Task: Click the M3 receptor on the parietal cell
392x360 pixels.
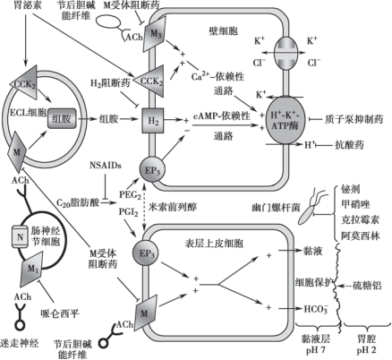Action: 155,33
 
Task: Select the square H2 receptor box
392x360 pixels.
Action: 153,120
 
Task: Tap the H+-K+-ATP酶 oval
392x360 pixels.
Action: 285,120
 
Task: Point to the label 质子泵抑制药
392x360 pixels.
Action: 354,119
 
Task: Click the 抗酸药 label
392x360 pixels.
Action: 349,145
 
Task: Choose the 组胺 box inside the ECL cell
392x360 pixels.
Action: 62,118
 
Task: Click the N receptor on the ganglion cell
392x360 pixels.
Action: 20,236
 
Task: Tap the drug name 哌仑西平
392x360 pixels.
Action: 60,313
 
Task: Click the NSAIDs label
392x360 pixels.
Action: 106,165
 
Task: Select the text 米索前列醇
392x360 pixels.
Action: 173,207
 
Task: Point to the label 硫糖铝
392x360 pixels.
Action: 367,286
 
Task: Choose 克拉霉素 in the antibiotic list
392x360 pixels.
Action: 361,220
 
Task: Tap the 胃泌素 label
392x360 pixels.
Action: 28,5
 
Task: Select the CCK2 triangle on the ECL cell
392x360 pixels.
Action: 24,82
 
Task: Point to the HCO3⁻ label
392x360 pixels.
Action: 316,309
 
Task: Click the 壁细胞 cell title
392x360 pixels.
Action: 224,30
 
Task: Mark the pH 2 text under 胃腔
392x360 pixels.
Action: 367,350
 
